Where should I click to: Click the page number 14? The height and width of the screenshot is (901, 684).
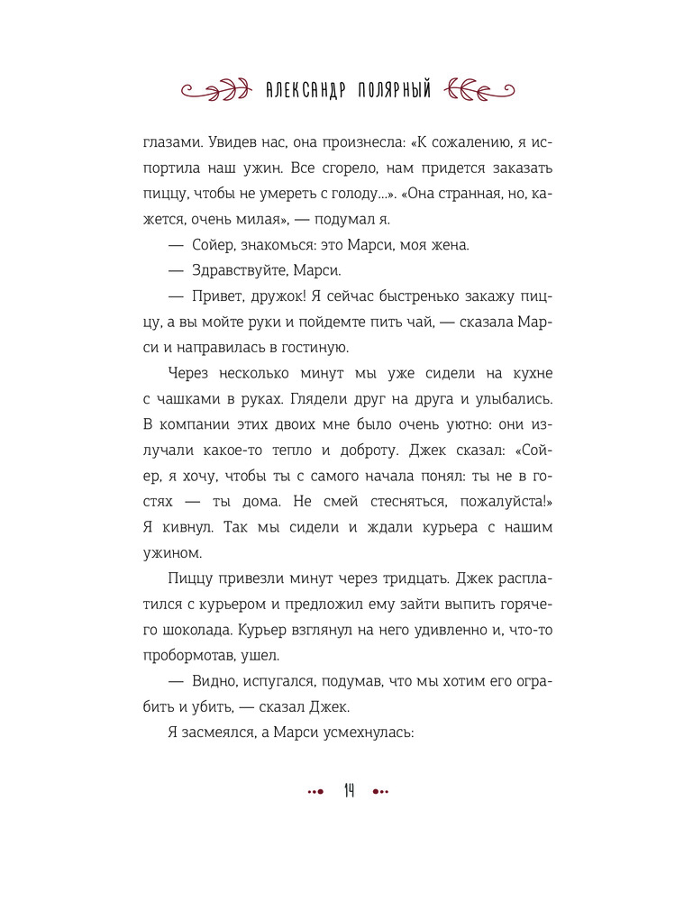tap(349, 791)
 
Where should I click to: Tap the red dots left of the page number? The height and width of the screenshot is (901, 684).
tap(315, 792)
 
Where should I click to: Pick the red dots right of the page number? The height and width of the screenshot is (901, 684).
tap(380, 792)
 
